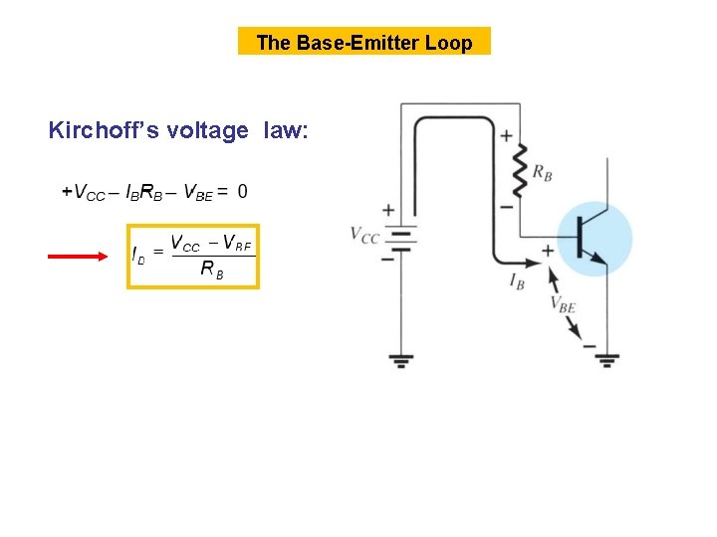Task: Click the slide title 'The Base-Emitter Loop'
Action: (x=363, y=42)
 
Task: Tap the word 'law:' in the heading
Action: (x=287, y=130)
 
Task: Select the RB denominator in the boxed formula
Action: (x=211, y=268)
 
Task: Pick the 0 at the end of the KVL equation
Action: (x=243, y=191)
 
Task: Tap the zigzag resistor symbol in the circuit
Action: (x=519, y=170)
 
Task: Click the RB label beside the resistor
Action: (x=543, y=173)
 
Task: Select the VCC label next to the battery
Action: (x=364, y=235)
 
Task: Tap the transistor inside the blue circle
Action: (x=594, y=240)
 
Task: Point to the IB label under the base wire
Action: (x=517, y=281)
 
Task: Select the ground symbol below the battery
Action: (x=401, y=360)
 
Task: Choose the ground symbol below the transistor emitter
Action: (x=604, y=360)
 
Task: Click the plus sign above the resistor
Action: (x=507, y=135)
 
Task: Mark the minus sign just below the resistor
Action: (x=505, y=207)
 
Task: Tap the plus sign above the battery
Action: (x=387, y=210)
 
